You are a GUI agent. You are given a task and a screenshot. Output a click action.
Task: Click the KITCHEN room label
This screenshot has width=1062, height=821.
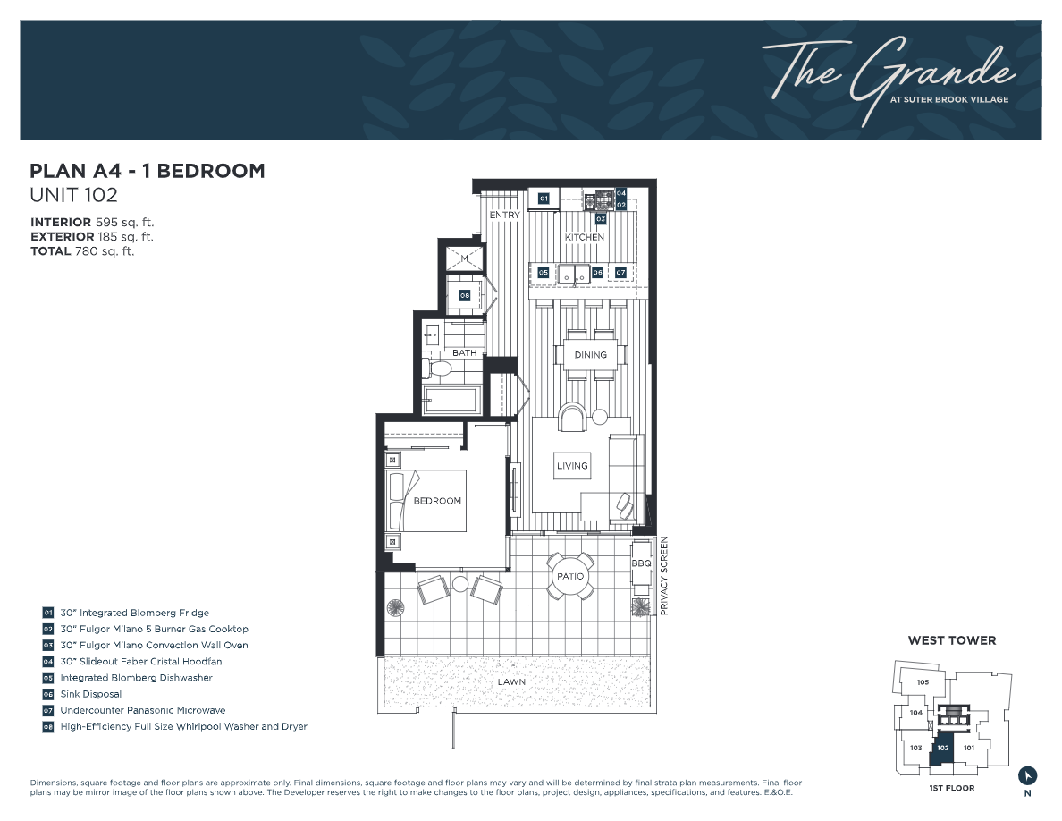point(584,237)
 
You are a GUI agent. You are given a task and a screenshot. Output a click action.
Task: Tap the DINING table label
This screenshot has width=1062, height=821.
point(590,355)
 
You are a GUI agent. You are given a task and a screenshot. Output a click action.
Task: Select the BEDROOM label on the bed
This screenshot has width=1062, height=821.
point(437,501)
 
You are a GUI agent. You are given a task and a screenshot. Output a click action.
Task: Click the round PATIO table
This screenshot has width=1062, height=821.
point(570,576)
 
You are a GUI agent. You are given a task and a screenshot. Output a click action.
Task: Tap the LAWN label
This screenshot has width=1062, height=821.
point(512,681)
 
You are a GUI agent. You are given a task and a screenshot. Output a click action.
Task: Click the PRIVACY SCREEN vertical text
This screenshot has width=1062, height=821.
point(664,576)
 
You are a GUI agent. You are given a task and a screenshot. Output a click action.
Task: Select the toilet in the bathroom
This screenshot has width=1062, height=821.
point(441,368)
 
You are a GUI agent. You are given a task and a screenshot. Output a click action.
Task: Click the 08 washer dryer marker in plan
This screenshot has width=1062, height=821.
point(465,295)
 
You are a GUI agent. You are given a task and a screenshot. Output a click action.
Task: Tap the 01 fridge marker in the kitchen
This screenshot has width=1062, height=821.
point(543,199)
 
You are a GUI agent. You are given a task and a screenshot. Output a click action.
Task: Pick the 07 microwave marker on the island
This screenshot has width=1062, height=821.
point(620,272)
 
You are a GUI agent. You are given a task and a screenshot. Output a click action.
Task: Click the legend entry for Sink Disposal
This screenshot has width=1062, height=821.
point(90,694)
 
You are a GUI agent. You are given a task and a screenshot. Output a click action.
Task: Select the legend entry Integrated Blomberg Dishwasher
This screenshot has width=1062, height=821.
point(136,678)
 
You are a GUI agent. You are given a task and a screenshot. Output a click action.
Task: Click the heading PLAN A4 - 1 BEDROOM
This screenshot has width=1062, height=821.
point(147,171)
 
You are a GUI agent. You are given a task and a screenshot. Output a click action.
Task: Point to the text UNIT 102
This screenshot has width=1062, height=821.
point(74,194)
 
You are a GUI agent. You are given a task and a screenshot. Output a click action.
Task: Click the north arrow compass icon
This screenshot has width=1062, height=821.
point(1027,774)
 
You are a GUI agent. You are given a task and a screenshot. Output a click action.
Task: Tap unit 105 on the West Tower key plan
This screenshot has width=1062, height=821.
point(923,682)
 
